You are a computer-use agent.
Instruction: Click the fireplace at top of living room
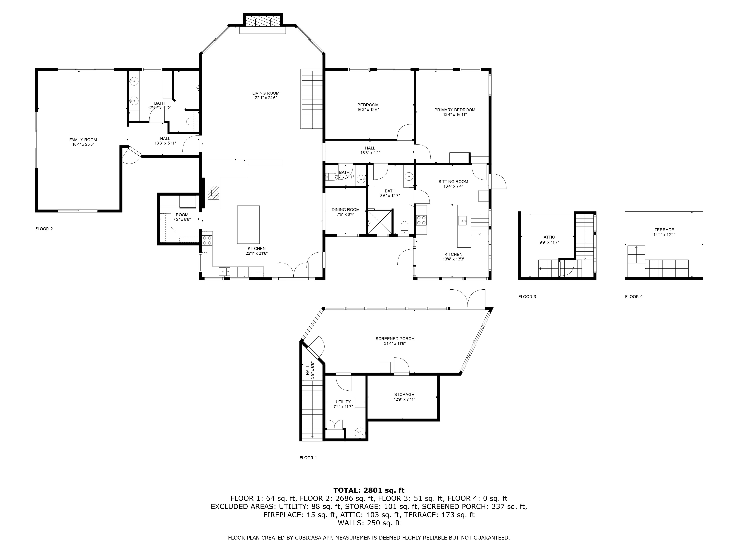[263, 22]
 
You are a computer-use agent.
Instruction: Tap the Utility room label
[343, 402]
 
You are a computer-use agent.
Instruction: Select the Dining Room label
[345, 210]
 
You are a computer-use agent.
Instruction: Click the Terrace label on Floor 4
[664, 230]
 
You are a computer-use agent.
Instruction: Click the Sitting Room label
[453, 182]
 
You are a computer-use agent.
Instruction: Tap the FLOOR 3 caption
[527, 297]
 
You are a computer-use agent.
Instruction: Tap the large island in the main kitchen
[248, 224]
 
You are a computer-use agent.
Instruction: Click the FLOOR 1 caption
[308, 458]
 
